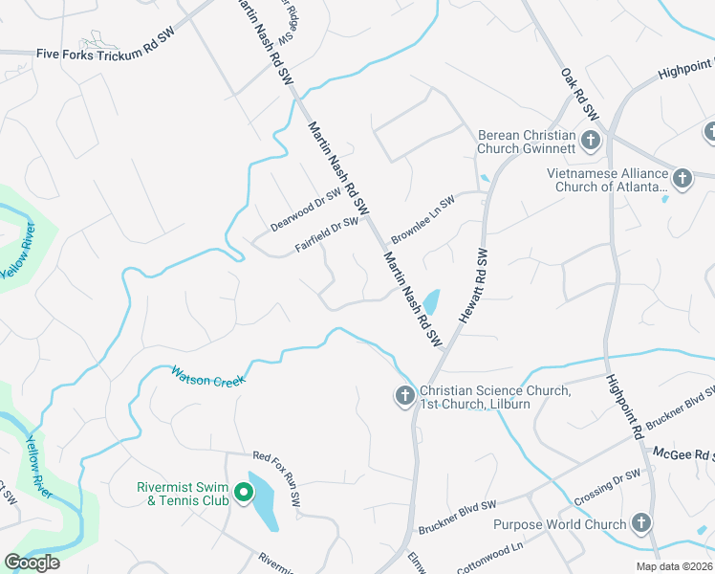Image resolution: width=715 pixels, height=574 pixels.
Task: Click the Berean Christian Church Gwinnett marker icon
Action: (x=591, y=142)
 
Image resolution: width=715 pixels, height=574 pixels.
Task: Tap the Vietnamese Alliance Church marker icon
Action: (x=682, y=177)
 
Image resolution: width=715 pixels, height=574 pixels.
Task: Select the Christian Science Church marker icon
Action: (x=404, y=395)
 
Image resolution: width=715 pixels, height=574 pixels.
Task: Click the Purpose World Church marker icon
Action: (x=639, y=523)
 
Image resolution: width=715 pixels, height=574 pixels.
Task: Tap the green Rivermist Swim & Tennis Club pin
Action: (x=244, y=494)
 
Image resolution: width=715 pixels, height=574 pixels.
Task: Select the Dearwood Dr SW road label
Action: (x=306, y=210)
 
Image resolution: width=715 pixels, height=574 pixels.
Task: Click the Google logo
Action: (x=32, y=563)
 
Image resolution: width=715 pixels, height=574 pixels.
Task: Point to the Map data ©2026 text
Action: (x=673, y=566)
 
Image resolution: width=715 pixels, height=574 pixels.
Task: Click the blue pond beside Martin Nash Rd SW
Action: (x=431, y=302)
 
